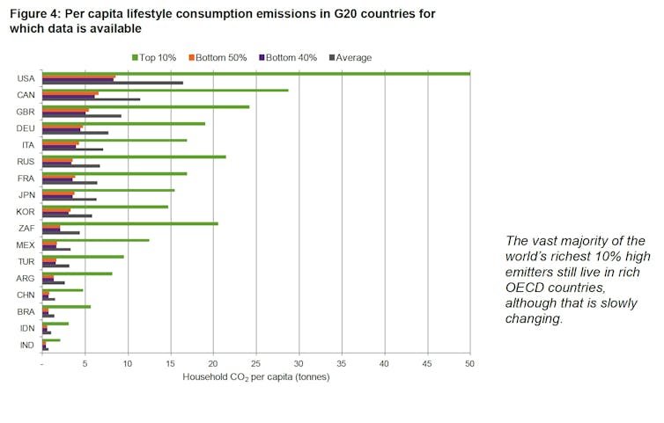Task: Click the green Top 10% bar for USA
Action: (255, 74)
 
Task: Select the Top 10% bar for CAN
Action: (166, 90)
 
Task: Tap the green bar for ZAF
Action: (130, 223)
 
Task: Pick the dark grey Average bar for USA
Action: (113, 83)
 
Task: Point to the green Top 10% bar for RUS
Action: (134, 157)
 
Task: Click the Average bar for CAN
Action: (91, 99)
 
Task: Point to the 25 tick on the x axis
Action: (255, 363)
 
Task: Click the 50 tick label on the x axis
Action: (469, 363)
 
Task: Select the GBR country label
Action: (26, 112)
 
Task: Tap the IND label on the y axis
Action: (26, 345)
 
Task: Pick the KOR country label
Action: (26, 211)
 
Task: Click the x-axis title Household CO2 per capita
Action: (255, 377)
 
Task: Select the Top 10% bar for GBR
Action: (146, 106)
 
